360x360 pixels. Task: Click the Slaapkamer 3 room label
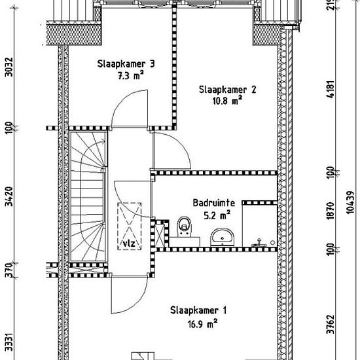126,64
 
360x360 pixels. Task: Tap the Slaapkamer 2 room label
227,90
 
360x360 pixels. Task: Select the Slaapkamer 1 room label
198,310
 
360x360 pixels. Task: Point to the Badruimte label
214,203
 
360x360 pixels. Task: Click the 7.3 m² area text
131,75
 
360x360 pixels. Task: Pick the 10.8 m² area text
227,101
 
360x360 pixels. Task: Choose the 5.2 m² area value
217,215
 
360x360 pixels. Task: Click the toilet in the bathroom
185,227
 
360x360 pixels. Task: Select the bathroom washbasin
223,237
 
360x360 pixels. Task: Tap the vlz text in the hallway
129,243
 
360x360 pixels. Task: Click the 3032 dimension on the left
9,67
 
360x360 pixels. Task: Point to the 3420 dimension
9,196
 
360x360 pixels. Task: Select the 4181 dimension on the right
331,89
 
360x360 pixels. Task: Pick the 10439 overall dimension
350,203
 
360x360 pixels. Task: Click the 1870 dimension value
331,211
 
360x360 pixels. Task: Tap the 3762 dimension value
331,324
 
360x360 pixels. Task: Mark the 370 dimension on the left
9,270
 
